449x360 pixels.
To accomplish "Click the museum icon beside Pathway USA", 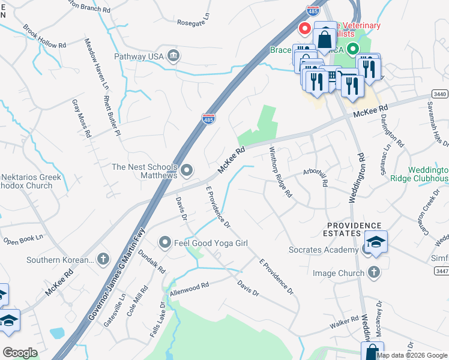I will click(173, 56).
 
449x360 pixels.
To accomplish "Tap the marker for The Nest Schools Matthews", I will click(187, 171).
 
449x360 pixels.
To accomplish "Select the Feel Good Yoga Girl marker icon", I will click(165, 242).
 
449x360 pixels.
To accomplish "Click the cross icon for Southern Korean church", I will click(103, 260).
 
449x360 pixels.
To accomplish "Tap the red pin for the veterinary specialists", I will click(305, 28).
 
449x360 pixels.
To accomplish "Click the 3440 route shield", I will click(439, 95).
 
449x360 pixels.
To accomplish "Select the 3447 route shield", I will click(440, 272).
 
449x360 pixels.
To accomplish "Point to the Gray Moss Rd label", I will click(81, 118).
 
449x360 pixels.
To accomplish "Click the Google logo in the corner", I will click(20, 352).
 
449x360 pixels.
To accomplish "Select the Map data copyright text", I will click(412, 355).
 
